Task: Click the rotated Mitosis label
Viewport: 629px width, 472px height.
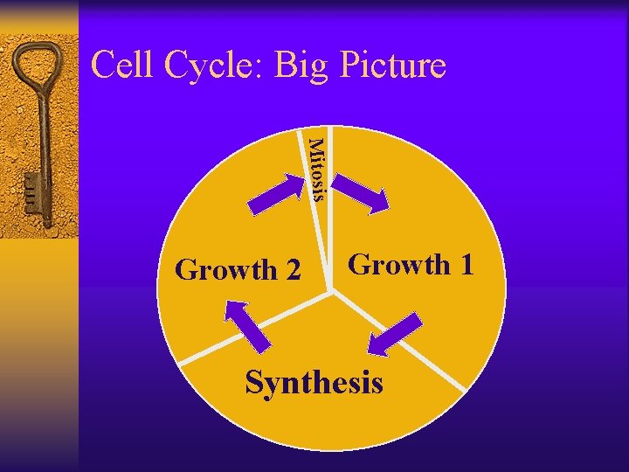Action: [x=317, y=170]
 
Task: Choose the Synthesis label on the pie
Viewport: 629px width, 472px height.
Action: [x=314, y=383]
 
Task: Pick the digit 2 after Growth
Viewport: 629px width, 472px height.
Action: [x=292, y=271]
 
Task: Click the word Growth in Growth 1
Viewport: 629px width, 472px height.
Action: [x=398, y=265]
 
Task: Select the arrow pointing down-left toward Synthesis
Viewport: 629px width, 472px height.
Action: [x=393, y=336]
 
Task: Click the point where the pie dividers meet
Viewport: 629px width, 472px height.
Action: [x=331, y=288]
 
